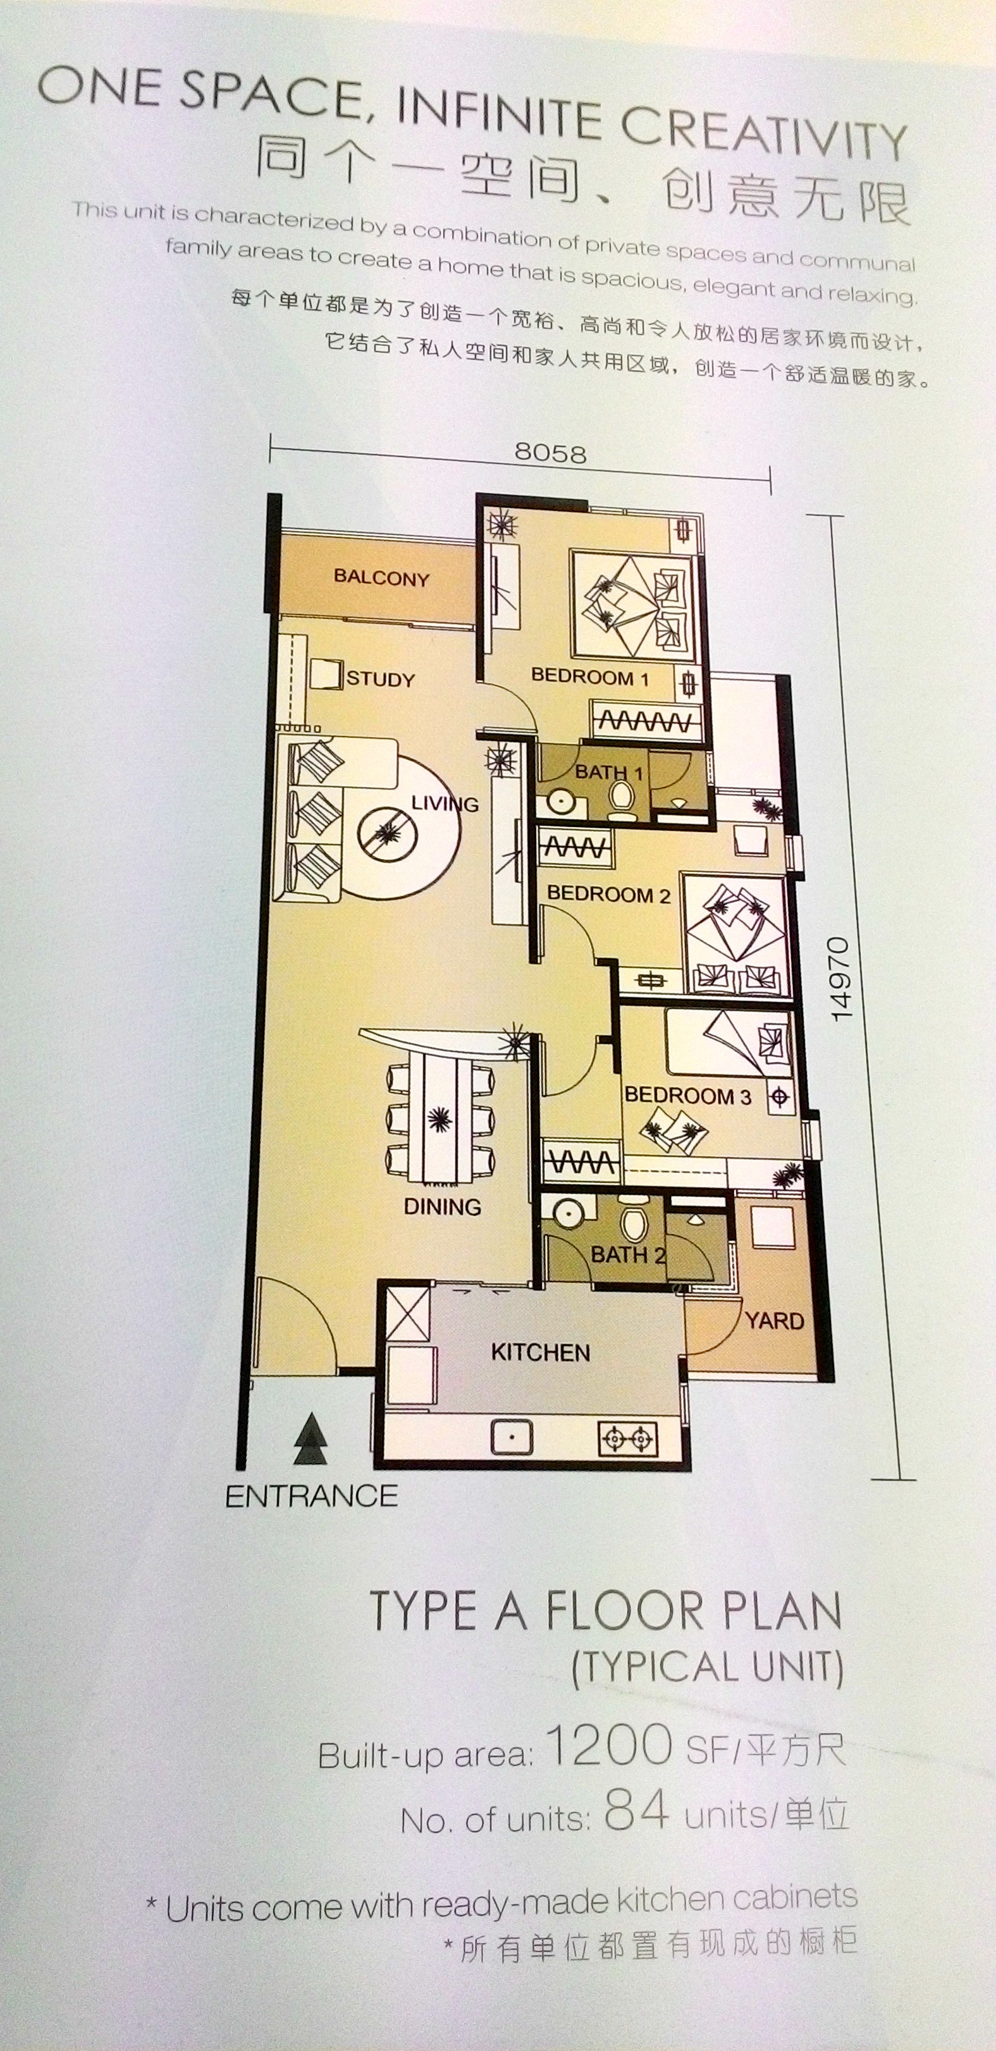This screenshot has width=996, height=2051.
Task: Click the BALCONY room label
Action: pos(381,577)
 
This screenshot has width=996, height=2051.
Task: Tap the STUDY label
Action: pos(381,679)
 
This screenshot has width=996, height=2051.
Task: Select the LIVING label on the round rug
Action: pos(445,804)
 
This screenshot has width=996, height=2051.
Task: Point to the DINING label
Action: pos(442,1207)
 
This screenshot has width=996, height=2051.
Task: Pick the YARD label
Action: pos(775,1321)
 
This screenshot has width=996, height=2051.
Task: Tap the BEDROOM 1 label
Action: pos(590,678)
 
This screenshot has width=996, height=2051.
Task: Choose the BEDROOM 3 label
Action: pos(688,1096)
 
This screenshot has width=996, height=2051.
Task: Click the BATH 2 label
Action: pos(628,1256)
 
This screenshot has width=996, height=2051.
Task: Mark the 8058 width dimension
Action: pos(550,453)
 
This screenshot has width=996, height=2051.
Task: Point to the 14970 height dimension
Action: pos(840,979)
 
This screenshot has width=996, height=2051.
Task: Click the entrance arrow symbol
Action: pos(310,1440)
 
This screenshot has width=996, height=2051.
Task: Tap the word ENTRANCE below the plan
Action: pos(311,1497)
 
